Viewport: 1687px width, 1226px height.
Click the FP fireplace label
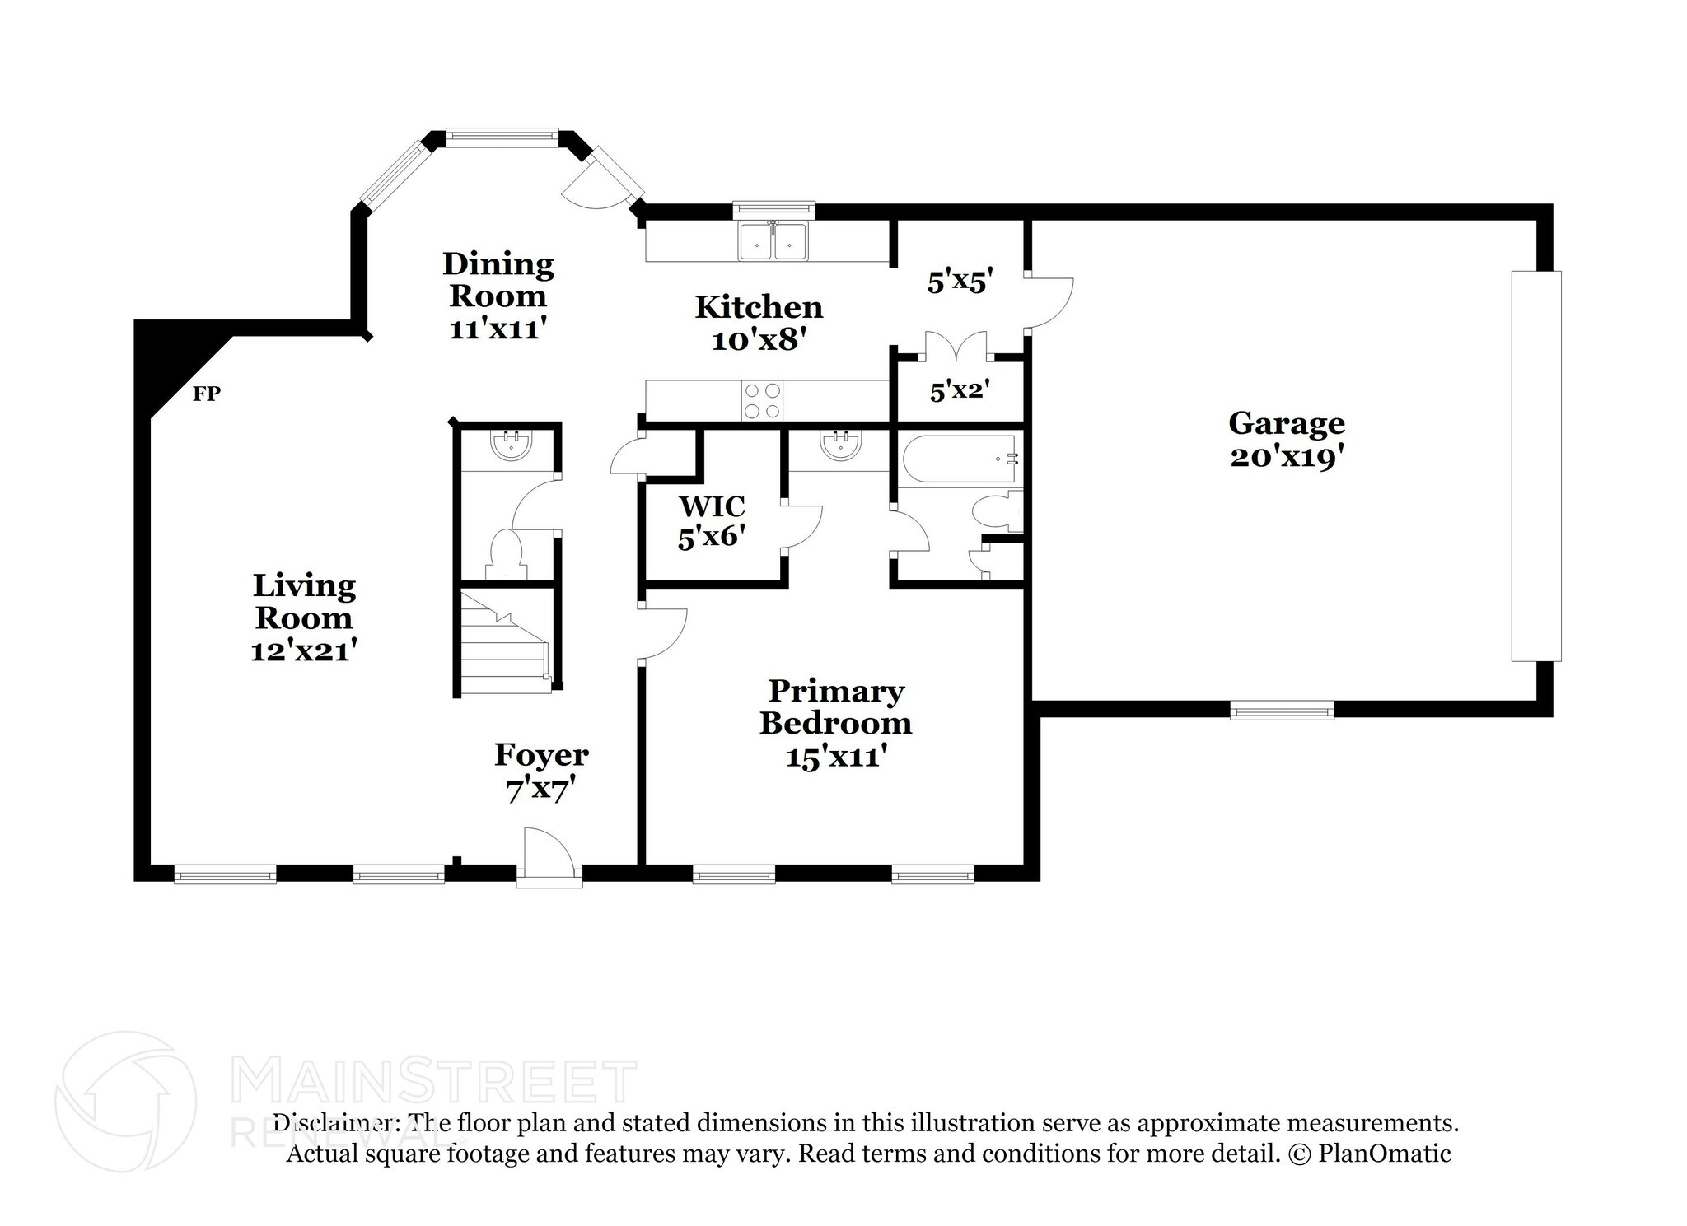pyautogui.click(x=206, y=394)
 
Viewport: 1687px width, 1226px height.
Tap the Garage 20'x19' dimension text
pyautogui.click(x=1287, y=457)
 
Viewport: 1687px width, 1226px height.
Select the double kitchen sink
pyautogui.click(x=773, y=240)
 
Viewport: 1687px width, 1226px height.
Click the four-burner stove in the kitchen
pyautogui.click(x=762, y=401)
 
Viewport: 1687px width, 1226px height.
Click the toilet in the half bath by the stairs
pyautogui.click(x=505, y=553)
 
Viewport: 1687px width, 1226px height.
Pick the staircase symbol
pyautogui.click(x=503, y=643)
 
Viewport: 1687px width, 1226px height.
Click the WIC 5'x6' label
pyautogui.click(x=712, y=520)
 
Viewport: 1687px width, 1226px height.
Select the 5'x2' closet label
pyautogui.click(x=960, y=391)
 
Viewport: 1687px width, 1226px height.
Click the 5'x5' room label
pyautogui.click(x=957, y=282)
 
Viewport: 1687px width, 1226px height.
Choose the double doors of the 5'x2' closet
pyautogui.click(x=956, y=347)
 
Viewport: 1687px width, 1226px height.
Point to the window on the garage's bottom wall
pyautogui.click(x=1281, y=710)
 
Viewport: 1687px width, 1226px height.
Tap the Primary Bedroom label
pyautogui.click(x=835, y=706)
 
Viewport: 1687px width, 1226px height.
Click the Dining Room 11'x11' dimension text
pyautogui.click(x=498, y=329)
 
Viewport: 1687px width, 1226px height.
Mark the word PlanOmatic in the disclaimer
pyautogui.click(x=1384, y=1154)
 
